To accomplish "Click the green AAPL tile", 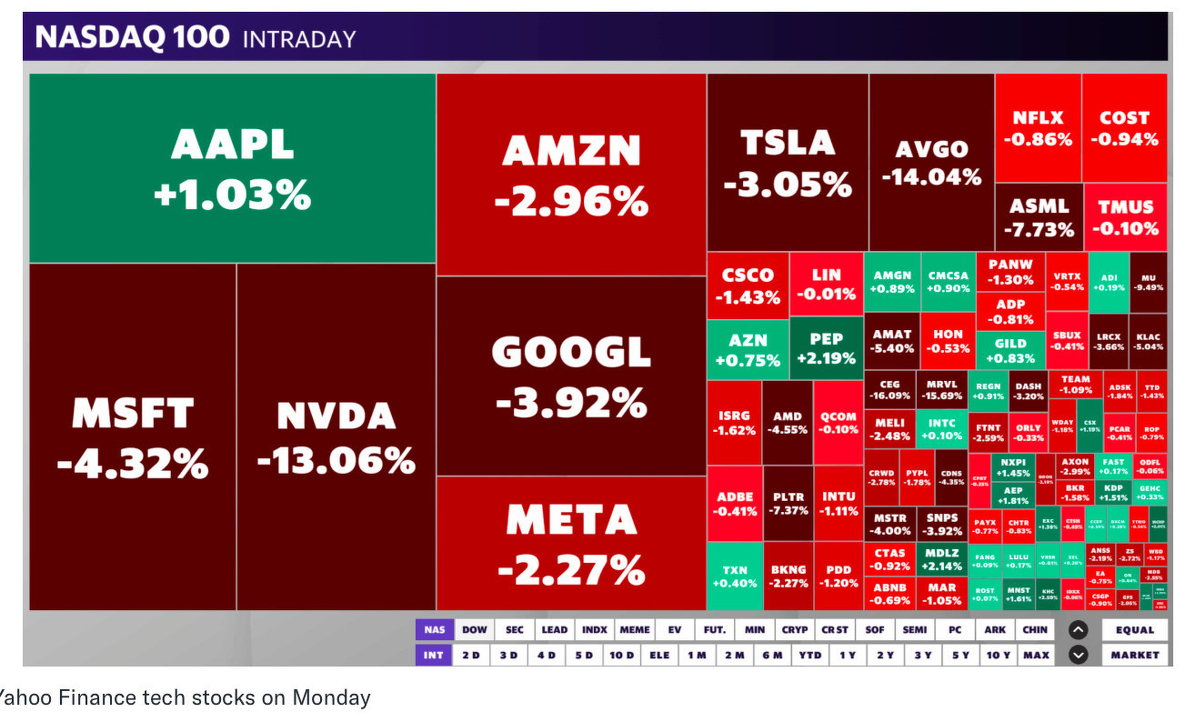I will pos(233,169).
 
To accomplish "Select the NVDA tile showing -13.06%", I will pos(336,437).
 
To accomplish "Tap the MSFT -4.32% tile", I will pos(133,437).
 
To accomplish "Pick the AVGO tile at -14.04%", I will pos(931,162).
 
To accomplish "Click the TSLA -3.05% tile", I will pos(788,162).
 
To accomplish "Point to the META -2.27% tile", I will pos(571,544).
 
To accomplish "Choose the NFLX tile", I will pos(1038,128).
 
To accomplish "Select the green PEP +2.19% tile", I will pos(826,348).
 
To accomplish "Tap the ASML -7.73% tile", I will pos(1038,217).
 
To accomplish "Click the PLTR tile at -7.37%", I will pos(788,503).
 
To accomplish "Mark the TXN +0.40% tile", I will pos(735,577).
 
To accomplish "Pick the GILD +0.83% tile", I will pos(1010,350).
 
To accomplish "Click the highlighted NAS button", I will pos(435,629).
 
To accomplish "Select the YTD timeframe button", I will pos(809,655).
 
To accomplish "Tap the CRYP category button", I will pos(794,629).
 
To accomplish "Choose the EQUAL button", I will pos(1134,629).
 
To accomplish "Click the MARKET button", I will pos(1134,655).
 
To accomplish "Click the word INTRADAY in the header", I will pos(299,39).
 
